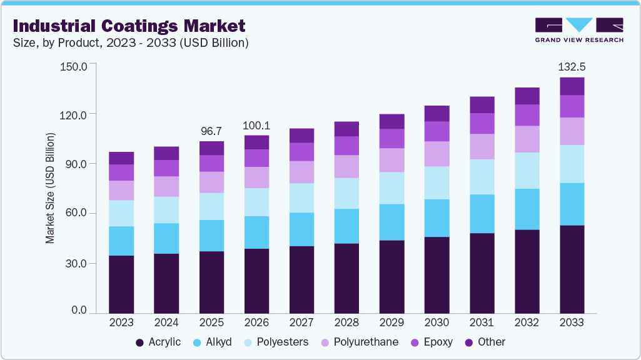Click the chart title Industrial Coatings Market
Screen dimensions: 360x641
point(129,26)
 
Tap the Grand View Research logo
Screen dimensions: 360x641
point(578,29)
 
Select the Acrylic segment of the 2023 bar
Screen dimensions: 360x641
point(121,284)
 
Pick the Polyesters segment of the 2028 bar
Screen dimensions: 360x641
point(346,193)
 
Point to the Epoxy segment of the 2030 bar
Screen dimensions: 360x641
point(437,131)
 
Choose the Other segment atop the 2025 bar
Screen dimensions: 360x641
point(211,148)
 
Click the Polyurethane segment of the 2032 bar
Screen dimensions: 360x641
point(527,139)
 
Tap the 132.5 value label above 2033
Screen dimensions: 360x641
point(572,67)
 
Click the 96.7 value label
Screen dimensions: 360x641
point(211,131)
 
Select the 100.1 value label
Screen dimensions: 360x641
point(256,125)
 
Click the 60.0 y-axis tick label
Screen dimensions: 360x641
point(76,214)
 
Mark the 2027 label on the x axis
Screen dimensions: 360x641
point(301,322)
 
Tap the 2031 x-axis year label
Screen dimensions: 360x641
point(482,322)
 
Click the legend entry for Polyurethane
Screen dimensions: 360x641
point(360,342)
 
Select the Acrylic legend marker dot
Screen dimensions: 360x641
point(139,342)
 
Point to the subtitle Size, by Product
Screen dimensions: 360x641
point(131,43)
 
